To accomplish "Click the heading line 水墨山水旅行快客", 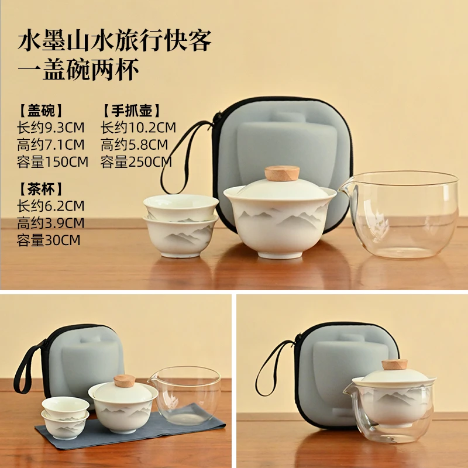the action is [115, 40].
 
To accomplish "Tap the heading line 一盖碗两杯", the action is [78, 69].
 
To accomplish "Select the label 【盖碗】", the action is [40, 111].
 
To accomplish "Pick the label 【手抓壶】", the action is [131, 111].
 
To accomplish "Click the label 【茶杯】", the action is [40, 188].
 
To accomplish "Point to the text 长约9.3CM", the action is [51, 128].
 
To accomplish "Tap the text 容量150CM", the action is [53, 162].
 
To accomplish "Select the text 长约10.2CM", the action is [138, 128].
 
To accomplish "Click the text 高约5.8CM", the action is [135, 145].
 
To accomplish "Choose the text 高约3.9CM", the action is [51, 223].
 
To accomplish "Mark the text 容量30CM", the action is [49, 240].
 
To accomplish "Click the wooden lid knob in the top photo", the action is [282, 173].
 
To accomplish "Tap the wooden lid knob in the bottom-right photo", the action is [394, 364].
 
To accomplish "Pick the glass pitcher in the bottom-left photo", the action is [185, 395].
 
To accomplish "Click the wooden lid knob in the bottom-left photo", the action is [125, 381].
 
